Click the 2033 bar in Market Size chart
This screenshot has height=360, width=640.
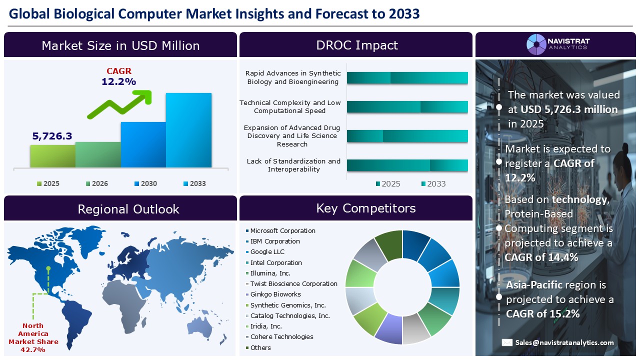coord(188,130)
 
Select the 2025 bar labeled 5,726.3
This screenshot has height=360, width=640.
coord(52,156)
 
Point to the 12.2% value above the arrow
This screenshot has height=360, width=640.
coord(118,81)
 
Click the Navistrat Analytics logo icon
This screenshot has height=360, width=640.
coord(536,44)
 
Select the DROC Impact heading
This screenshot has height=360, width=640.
coord(356,45)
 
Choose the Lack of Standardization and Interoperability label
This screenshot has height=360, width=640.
coord(293,165)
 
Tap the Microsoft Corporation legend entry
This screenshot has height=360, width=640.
coord(282,231)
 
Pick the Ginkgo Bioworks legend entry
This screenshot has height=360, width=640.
coord(275,294)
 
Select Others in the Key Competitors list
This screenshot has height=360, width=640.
coord(260,348)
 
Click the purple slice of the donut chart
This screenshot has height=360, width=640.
coord(388,329)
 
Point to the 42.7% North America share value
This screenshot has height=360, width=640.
coord(33,349)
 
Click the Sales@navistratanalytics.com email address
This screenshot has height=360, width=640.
coord(564,342)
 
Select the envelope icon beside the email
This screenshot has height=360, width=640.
coord(507,342)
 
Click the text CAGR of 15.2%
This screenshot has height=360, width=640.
coord(542,314)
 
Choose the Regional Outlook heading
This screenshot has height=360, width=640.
coord(128,209)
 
